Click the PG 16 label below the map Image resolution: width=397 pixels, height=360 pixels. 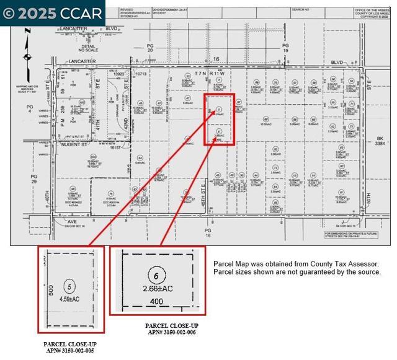click(208, 232)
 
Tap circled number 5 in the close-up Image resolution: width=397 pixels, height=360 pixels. click(70, 286)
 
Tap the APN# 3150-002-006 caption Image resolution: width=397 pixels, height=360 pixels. click(171, 331)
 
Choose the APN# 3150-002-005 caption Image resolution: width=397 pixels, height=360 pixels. click(69, 350)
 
